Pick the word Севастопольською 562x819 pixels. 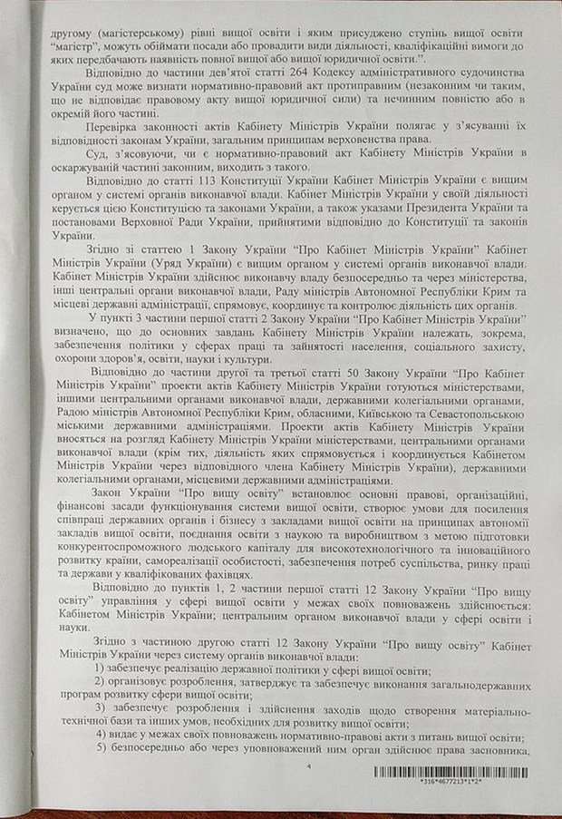click(466, 396)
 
